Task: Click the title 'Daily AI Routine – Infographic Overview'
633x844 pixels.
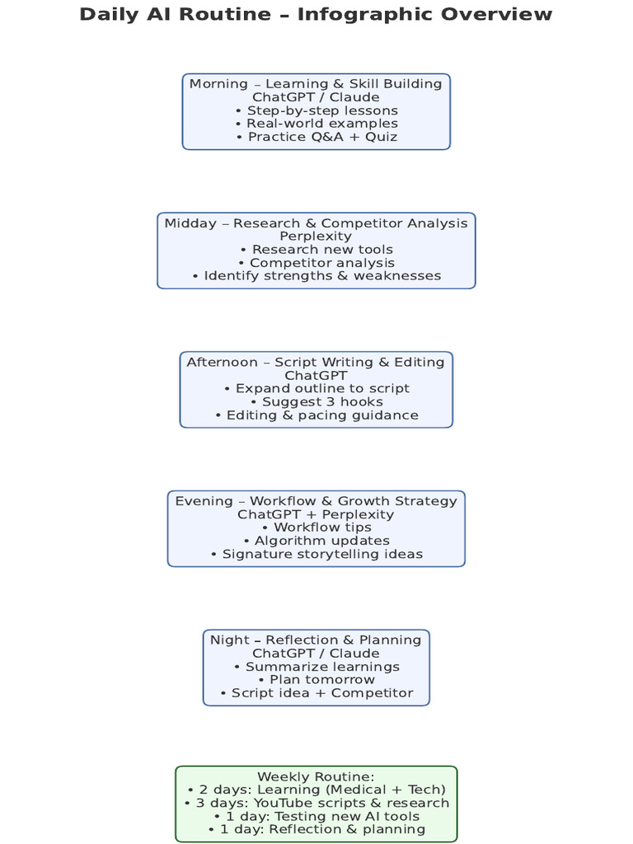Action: tap(316, 14)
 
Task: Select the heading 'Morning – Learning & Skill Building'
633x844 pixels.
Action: tap(316, 84)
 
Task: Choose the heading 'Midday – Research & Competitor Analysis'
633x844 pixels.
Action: tap(316, 223)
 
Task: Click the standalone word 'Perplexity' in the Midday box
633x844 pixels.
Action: tap(316, 237)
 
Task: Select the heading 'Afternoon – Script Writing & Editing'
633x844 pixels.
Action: tap(316, 363)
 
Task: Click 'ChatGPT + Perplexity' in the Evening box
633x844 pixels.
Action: tap(316, 514)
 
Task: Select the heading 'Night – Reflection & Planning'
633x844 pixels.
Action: tap(316, 640)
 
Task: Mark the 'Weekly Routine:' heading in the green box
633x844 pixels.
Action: tap(316, 776)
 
